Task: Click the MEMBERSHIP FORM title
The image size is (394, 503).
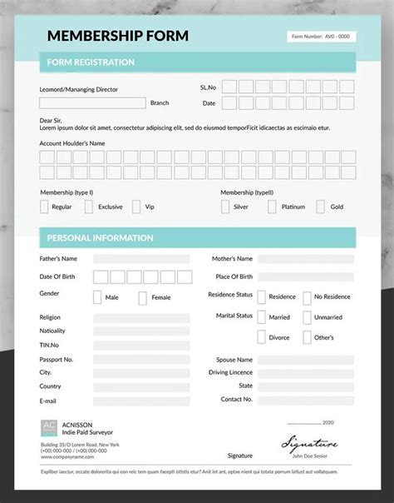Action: coord(117,36)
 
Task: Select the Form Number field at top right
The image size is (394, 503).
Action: coord(321,37)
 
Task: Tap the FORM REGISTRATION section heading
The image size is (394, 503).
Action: coord(91,62)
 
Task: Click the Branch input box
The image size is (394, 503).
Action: coord(92,103)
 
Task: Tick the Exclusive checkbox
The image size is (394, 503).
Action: coord(90,207)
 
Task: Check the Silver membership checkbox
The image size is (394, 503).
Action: coord(225,207)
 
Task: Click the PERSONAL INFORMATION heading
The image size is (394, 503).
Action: coord(100,238)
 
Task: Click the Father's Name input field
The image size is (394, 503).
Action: coord(141,259)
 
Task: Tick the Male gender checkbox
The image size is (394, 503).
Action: coord(97,297)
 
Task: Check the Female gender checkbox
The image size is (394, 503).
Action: coord(143,297)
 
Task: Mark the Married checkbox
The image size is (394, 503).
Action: coord(262,317)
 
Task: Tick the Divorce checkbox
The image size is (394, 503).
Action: coord(262,337)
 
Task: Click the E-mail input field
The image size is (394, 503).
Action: coord(141,401)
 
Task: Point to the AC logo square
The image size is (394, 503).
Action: coord(50,428)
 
